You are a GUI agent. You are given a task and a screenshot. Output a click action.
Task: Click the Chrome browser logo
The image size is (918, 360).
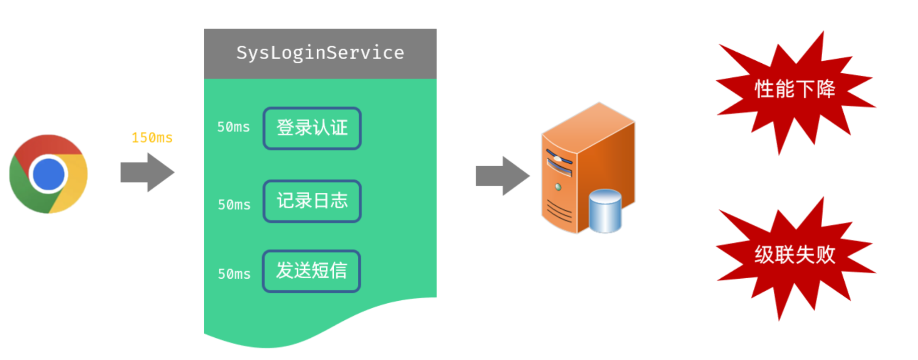[49, 174]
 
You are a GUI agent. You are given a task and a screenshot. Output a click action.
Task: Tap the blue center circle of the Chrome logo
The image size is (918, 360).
[49, 174]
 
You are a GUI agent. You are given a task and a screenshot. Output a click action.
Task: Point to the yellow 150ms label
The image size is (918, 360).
[152, 138]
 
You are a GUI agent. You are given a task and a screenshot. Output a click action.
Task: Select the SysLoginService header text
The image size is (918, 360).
[320, 53]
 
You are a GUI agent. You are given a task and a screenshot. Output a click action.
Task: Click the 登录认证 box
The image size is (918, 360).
[312, 128]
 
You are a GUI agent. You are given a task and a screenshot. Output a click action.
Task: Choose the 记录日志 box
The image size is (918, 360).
[312, 201]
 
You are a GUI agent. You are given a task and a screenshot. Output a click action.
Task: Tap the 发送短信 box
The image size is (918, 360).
[311, 271]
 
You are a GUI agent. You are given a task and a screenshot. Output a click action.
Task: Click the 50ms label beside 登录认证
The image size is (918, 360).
[233, 127]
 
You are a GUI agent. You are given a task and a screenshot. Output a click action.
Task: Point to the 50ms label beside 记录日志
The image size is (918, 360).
[234, 205]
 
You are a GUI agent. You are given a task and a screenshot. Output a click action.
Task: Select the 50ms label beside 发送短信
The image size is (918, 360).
[234, 274]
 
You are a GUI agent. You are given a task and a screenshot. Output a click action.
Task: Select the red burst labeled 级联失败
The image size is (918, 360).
[795, 255]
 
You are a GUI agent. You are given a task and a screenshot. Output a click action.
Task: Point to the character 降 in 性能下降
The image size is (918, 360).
[826, 89]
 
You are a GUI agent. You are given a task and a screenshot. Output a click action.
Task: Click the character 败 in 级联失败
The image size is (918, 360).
[826, 255]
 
